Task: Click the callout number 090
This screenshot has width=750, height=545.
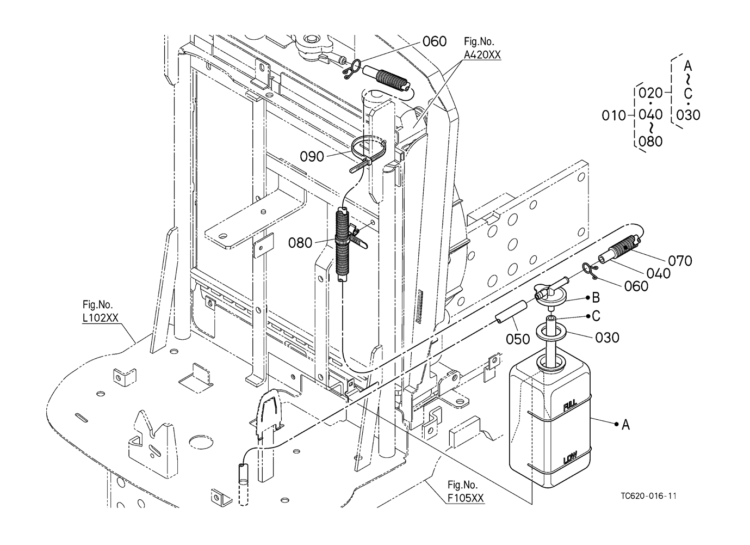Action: click(x=312, y=156)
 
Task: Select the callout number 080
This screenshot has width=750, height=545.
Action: click(x=300, y=243)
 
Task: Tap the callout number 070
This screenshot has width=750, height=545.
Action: click(x=680, y=261)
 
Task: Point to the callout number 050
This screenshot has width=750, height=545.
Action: click(x=518, y=339)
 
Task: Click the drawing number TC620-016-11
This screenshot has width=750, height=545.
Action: click(x=648, y=496)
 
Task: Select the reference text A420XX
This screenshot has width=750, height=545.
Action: click(x=482, y=54)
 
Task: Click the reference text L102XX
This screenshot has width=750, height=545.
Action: click(x=101, y=318)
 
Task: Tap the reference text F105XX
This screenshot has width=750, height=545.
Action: click(x=466, y=498)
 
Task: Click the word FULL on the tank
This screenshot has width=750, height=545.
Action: click(x=570, y=406)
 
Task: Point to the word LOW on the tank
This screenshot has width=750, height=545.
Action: click(x=570, y=458)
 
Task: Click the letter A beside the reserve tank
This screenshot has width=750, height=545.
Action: click(x=626, y=425)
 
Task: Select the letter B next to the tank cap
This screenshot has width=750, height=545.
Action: click(x=596, y=297)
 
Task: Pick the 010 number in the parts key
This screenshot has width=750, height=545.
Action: click(x=613, y=115)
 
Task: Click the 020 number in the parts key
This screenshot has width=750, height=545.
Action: click(x=650, y=93)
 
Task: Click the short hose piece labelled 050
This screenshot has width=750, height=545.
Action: click(x=511, y=312)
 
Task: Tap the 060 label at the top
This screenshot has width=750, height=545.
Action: click(x=435, y=41)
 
